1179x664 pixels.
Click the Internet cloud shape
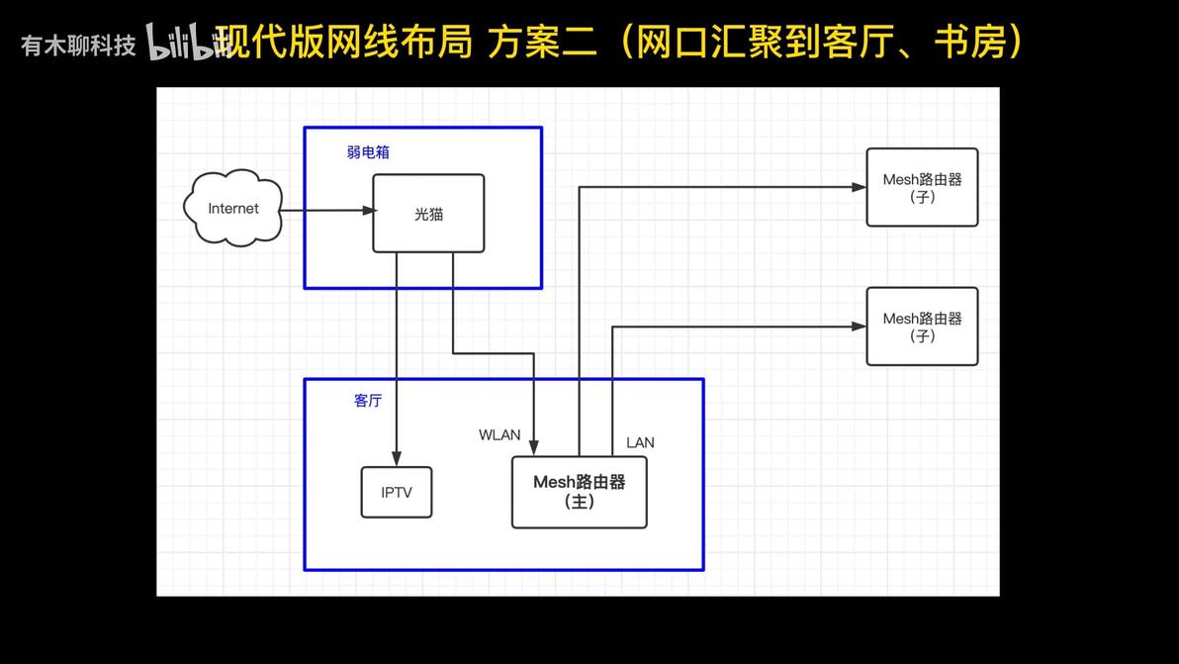coord(232,208)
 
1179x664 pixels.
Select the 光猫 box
coord(428,214)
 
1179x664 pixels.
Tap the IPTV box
coord(397,493)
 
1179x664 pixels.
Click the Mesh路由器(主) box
coord(579,492)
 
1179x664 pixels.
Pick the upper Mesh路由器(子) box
coord(922,187)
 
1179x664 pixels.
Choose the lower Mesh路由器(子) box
coord(922,327)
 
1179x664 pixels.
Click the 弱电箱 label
coord(368,152)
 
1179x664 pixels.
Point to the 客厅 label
coord(368,400)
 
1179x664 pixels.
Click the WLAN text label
coord(499,434)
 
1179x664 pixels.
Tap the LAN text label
coord(640,443)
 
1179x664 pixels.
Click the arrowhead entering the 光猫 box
coord(368,211)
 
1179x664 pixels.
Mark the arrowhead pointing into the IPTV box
coord(397,459)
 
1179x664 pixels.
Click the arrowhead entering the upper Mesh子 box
coord(859,187)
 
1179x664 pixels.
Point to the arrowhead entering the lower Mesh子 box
coord(859,327)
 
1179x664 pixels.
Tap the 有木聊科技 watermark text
coord(78,46)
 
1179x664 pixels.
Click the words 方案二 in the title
coord(542,41)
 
